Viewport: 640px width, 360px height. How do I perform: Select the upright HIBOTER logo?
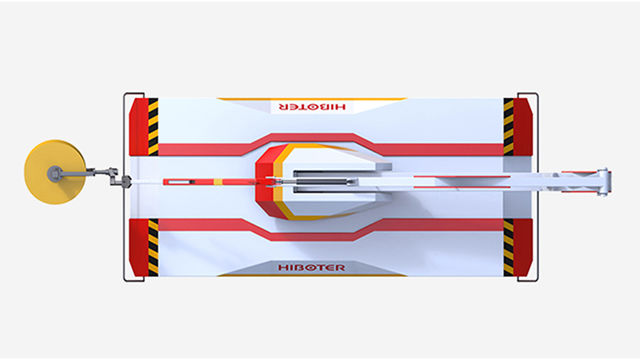(311, 267)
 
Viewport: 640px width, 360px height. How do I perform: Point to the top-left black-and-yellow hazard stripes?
(153, 127)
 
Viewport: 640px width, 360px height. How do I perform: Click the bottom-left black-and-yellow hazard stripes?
(153, 247)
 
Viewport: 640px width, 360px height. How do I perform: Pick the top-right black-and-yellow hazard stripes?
(508, 127)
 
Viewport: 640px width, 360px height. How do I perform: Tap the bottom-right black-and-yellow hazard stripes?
(508, 247)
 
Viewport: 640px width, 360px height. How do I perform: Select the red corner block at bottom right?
(523, 247)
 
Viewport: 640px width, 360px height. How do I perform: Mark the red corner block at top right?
(523, 127)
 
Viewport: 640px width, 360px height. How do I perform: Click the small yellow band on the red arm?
(218, 182)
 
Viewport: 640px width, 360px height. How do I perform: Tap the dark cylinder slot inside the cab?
(320, 182)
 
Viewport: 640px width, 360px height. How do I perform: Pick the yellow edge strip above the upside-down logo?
(311, 99)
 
